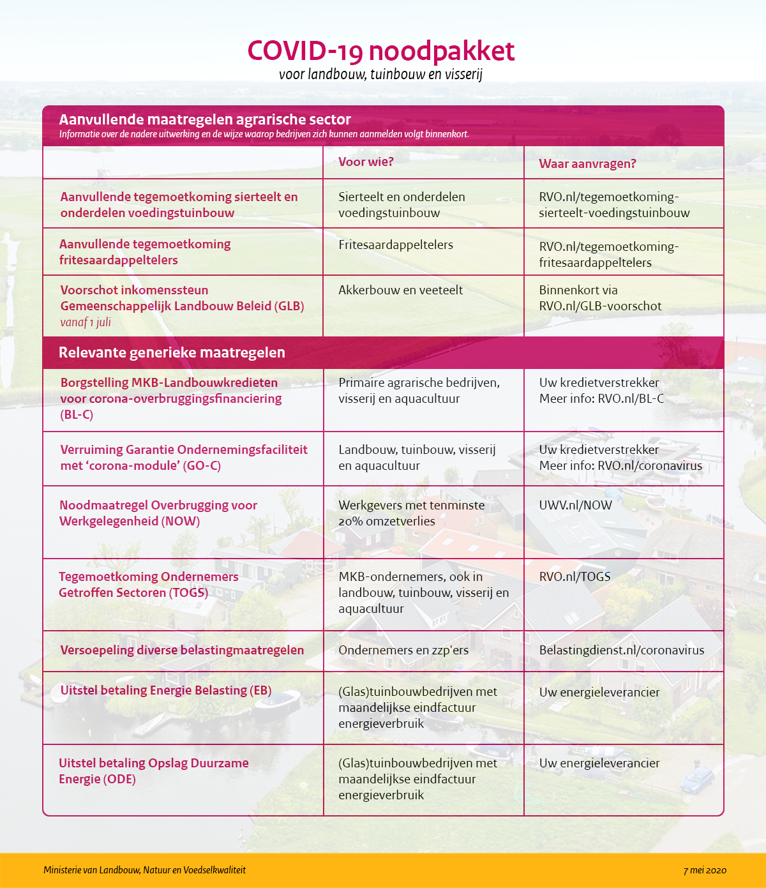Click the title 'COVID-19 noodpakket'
coord(380,52)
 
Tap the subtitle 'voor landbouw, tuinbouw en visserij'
coord(380,74)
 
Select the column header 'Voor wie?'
coord(366,162)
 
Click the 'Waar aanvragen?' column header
coord(587,164)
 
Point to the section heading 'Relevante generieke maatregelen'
coord(172,353)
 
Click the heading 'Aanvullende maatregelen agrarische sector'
coord(205,119)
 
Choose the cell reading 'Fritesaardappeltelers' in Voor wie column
coord(396,245)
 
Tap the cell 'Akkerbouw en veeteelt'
coord(400,290)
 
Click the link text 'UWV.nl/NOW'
coord(575,506)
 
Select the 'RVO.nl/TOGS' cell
coord(574,577)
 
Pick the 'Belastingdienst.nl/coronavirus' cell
coord(622,651)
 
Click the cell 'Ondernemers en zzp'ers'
coord(403,651)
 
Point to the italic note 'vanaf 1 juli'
coord(86,322)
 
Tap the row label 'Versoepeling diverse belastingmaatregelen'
coord(182,651)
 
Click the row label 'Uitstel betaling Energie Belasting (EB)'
coord(166,691)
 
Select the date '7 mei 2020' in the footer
coord(705,870)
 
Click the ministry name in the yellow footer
coord(144,870)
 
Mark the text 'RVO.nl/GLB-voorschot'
coord(600,306)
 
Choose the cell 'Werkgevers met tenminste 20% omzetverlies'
coord(411,513)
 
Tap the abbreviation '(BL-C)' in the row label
coord(77,415)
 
